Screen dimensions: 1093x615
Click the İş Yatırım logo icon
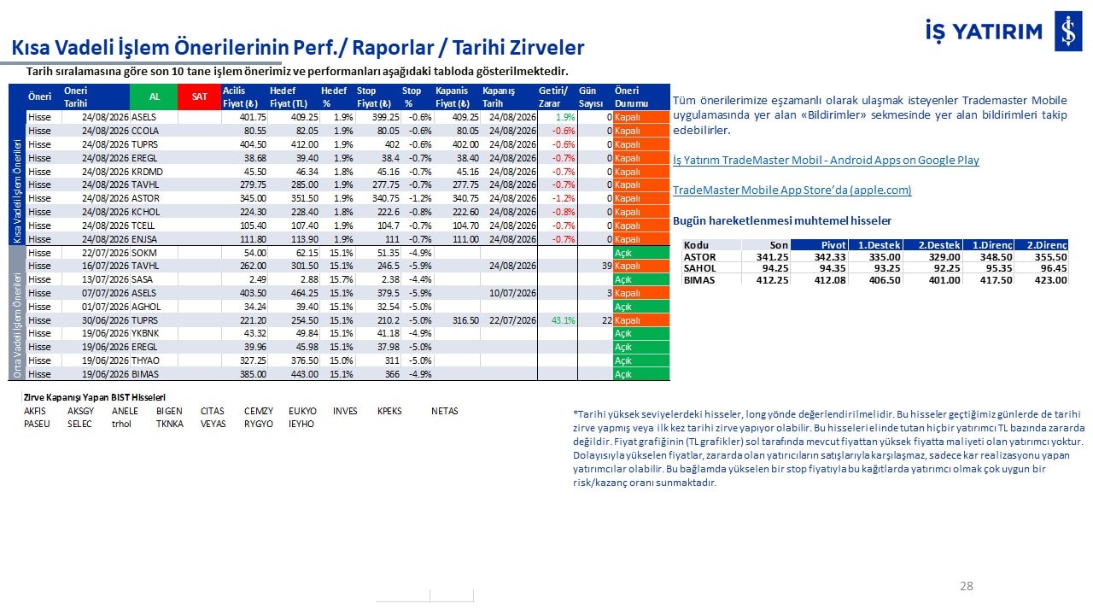(x=1068, y=31)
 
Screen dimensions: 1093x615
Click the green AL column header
(x=154, y=97)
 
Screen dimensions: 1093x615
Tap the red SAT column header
(x=199, y=97)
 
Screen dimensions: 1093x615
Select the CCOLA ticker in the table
(x=145, y=131)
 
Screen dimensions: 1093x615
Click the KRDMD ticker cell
(x=147, y=172)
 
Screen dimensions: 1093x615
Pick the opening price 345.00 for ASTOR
(x=253, y=198)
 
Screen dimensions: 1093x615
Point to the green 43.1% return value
(x=563, y=320)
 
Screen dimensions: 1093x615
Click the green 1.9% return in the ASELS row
(x=565, y=117)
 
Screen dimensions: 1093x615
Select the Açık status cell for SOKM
(x=641, y=253)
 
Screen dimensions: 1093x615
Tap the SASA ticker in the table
(x=142, y=279)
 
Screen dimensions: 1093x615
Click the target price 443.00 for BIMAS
(x=305, y=374)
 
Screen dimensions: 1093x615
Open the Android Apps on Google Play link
(x=826, y=160)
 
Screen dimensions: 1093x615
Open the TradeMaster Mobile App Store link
(x=792, y=190)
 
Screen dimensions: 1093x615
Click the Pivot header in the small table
(x=833, y=245)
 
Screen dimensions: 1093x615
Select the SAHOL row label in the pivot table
(x=699, y=268)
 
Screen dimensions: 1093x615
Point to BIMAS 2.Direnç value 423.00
(x=1051, y=280)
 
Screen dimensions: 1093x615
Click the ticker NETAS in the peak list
(x=445, y=411)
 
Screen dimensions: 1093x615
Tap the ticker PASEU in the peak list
(x=37, y=424)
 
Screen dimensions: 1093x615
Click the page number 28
(x=966, y=586)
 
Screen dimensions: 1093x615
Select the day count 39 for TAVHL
(x=606, y=266)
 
